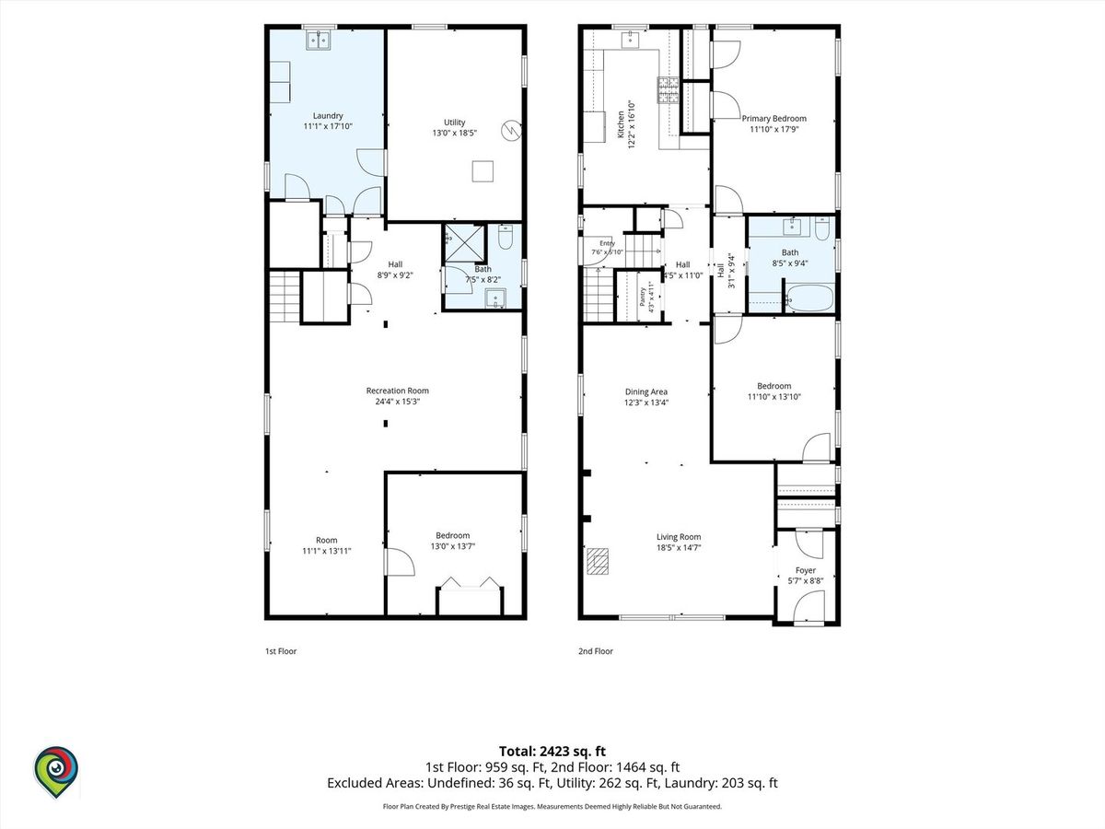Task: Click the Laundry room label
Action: coord(328,116)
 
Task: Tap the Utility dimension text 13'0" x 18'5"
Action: coord(455,134)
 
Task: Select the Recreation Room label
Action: coord(397,391)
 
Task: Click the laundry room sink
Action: coord(319,40)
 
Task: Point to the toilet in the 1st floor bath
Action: coord(505,237)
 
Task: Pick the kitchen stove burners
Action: coord(668,90)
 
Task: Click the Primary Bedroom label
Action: coord(773,119)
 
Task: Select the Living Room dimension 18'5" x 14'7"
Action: coord(679,548)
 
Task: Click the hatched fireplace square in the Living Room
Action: coord(598,561)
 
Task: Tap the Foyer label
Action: coord(806,570)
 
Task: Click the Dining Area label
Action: coord(646,391)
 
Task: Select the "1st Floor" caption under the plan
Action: coord(281,651)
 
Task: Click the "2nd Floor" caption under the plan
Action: coord(596,651)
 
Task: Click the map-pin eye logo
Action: coord(56,772)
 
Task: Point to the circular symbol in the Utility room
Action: coord(511,131)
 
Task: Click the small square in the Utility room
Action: coord(483,171)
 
